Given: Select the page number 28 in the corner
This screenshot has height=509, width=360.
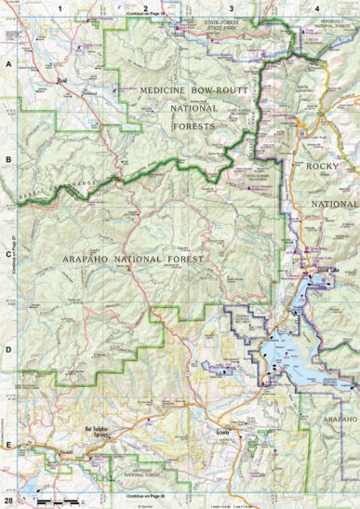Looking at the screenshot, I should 8,501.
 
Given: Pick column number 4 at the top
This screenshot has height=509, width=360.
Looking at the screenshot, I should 317,7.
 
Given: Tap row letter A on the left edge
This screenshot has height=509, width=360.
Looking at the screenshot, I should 8,64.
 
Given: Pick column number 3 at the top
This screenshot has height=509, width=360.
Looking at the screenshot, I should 230,7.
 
